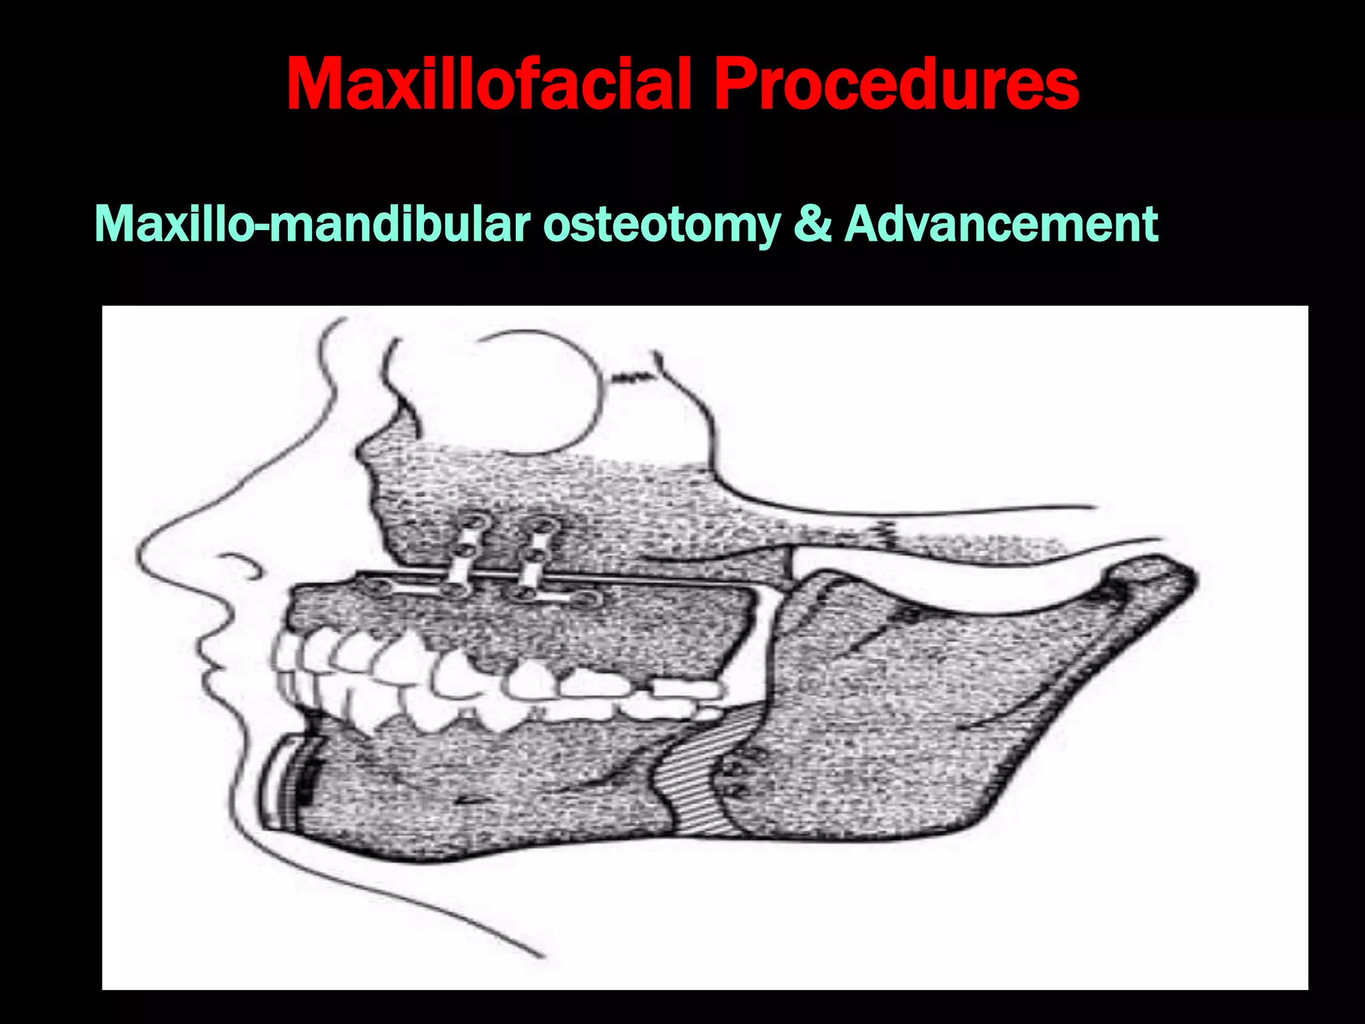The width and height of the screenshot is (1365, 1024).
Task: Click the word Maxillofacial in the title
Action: [x=490, y=85]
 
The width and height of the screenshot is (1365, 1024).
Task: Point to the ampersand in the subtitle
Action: [x=812, y=224]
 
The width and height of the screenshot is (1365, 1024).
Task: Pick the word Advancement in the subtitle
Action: [x=1000, y=224]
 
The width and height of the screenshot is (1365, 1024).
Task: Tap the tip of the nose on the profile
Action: [x=141, y=553]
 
